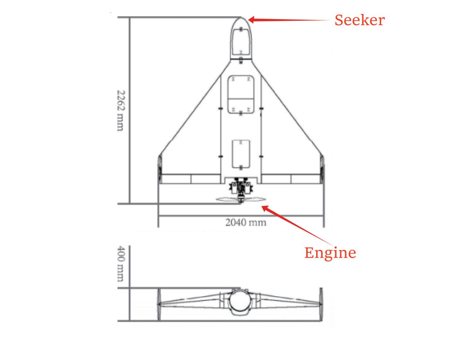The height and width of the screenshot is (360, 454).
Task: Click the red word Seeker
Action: (360, 20)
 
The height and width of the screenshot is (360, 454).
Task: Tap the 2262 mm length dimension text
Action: (121, 111)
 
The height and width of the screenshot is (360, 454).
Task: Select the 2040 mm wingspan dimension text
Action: (246, 223)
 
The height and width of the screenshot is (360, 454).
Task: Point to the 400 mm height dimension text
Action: (121, 264)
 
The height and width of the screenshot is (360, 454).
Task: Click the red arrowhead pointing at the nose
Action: (252, 20)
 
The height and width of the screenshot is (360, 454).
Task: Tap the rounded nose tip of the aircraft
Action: (241, 18)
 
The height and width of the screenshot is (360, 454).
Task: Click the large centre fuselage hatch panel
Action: (241, 95)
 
